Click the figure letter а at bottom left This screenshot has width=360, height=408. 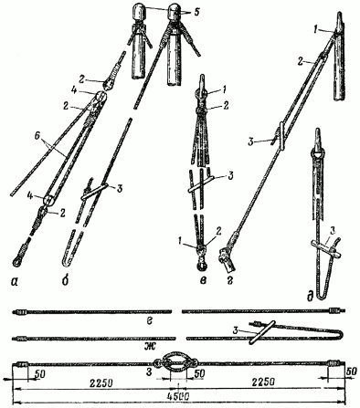coord(14,283)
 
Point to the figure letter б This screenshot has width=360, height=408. coord(65,280)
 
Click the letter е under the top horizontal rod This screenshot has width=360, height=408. coord(150,320)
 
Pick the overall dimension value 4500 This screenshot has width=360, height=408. coord(178,396)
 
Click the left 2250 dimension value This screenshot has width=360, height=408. coord(100,382)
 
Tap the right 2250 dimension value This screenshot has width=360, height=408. coord(263,382)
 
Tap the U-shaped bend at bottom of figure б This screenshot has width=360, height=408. coord(68,261)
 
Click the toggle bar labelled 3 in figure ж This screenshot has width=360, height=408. coord(262,332)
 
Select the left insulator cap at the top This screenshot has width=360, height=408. coord(139,13)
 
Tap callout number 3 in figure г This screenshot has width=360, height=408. coord(251,142)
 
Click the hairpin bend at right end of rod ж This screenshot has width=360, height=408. coord(340,334)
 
